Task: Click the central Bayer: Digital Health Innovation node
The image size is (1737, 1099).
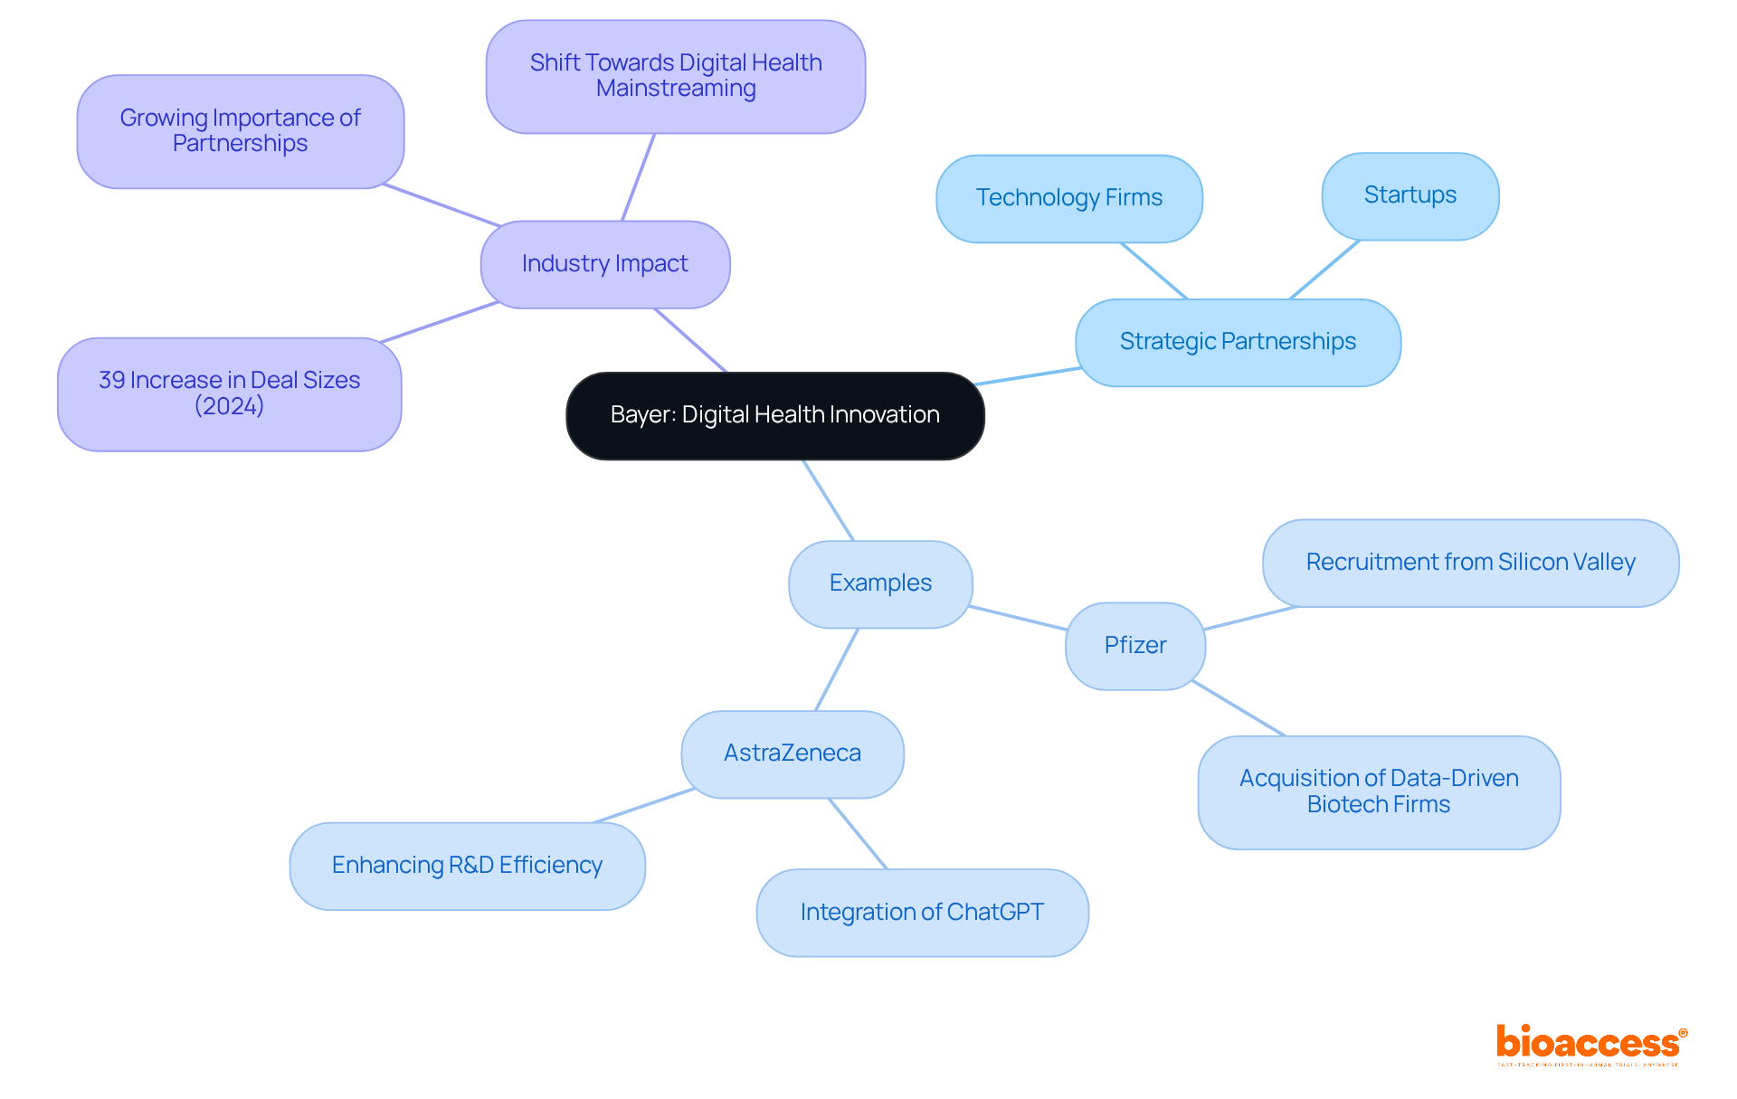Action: pyautogui.click(x=774, y=415)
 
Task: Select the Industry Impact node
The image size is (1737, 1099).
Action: pyautogui.click(x=604, y=264)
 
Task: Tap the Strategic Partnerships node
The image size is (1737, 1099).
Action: pyautogui.click(x=1237, y=342)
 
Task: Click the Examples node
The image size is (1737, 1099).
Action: pyautogui.click(x=879, y=583)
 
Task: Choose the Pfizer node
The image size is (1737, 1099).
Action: pyautogui.click(x=1134, y=646)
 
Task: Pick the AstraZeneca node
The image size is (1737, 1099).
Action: pyautogui.click(x=792, y=753)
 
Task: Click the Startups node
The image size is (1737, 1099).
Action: pyautogui.click(x=1410, y=195)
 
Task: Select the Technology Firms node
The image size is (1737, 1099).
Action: pyautogui.click(x=1068, y=198)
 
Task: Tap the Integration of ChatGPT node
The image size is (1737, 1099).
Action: pyautogui.click(x=921, y=912)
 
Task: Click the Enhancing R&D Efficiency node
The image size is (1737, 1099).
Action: pyautogui.click(x=467, y=866)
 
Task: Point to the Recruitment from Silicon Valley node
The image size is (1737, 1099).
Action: pyautogui.click(x=1470, y=563)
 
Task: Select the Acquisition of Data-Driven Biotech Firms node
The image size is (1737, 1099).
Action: pyautogui.click(x=1378, y=791)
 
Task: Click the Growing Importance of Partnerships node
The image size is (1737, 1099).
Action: pyautogui.click(x=240, y=131)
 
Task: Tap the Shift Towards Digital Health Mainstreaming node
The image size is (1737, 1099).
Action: pyautogui.click(x=675, y=76)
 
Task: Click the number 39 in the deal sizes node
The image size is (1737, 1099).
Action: pyautogui.click(x=111, y=380)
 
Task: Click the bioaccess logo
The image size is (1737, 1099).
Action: pyautogui.click(x=1590, y=1044)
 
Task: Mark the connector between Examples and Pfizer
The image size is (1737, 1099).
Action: pyautogui.click(x=1018, y=618)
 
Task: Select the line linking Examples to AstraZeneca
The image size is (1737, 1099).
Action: pyautogui.click(x=836, y=669)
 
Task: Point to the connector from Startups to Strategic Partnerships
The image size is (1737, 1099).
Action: pyautogui.click(x=1324, y=269)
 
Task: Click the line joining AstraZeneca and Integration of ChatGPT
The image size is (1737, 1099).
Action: pyautogui.click(x=858, y=833)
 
